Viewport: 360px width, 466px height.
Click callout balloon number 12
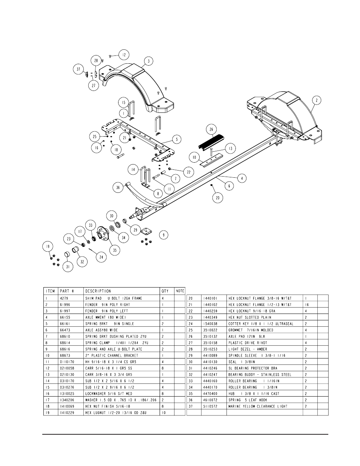coord(124,55)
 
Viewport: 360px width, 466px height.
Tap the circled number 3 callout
coord(149,61)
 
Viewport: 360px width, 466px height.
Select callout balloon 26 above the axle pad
coord(211,129)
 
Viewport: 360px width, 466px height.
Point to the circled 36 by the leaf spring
coord(118,188)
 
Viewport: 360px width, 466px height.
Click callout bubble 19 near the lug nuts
coord(48,246)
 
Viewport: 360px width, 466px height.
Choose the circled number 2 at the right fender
coord(317,100)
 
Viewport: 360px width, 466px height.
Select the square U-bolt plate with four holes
coord(146,231)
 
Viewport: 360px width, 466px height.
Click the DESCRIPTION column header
coord(98,291)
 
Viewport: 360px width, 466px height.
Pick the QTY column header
coord(165,291)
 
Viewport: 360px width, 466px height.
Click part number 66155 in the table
coord(65,317)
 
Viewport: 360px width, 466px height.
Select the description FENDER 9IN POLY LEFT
coord(106,311)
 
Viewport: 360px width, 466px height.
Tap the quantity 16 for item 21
coord(307,305)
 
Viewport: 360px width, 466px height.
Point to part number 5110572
coord(210,406)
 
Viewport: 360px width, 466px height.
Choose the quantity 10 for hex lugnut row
coord(164,412)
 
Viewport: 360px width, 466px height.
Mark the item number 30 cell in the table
coord(191,362)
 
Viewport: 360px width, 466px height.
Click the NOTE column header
coord(180,291)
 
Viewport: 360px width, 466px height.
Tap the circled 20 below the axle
coord(218,198)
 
